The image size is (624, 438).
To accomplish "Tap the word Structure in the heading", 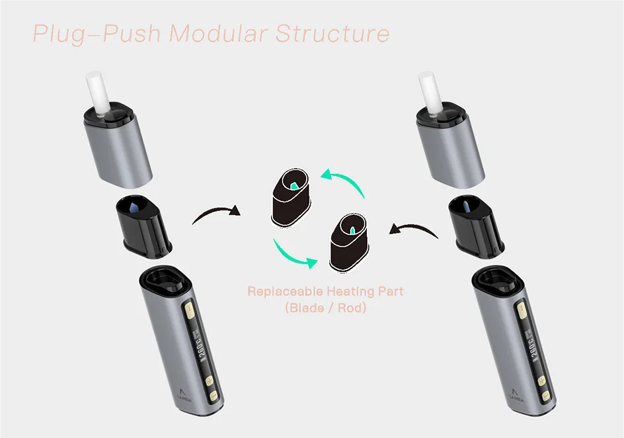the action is click(332, 33).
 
